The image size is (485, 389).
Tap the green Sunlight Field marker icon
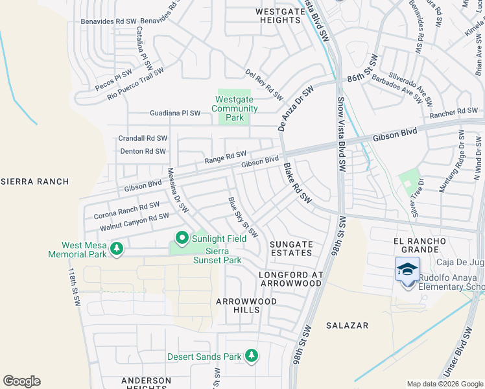pyautogui.click(x=182, y=239)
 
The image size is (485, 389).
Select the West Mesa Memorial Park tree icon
pyautogui.click(x=117, y=248)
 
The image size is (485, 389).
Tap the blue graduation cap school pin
pyautogui.click(x=407, y=269)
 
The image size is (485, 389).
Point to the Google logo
pyautogui.click(x=21, y=381)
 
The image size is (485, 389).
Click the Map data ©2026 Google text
pyautogui.click(x=444, y=384)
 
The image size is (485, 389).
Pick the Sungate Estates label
pyautogui.click(x=291, y=248)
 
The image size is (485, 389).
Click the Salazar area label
pyautogui.click(x=348, y=325)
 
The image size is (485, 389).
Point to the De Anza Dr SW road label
pyautogui.click(x=296, y=108)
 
